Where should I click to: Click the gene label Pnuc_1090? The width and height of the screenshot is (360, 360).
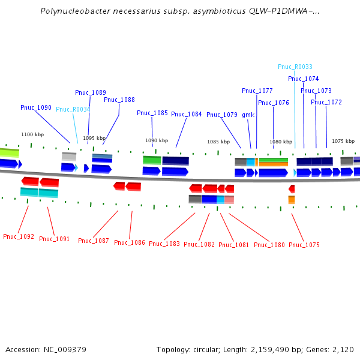[x=36, y=108]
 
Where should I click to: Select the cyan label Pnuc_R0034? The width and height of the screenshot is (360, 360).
[x=73, y=109]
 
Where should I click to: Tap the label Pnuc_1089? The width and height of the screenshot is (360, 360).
[x=91, y=92]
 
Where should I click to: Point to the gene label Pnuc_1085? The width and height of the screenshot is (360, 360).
[x=152, y=113]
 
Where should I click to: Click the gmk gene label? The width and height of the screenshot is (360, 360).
[x=248, y=115]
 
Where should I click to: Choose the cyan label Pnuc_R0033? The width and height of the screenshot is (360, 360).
[x=295, y=67]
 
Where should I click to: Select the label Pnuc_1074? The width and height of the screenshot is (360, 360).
[x=304, y=79]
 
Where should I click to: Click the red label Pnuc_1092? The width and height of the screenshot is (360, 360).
[x=19, y=236]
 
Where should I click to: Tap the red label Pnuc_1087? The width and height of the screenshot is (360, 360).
[x=94, y=241]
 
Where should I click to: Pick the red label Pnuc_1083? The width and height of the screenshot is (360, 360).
[x=164, y=244]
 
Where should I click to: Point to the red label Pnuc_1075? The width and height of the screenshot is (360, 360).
[x=304, y=245]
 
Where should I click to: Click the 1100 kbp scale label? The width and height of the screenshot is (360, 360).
[x=32, y=134]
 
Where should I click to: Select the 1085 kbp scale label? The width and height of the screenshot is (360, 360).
[x=218, y=142]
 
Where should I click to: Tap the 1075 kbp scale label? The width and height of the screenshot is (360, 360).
[x=343, y=140]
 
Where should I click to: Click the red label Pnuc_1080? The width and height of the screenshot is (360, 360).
[x=269, y=245]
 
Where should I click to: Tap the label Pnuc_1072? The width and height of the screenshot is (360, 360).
[x=326, y=102]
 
